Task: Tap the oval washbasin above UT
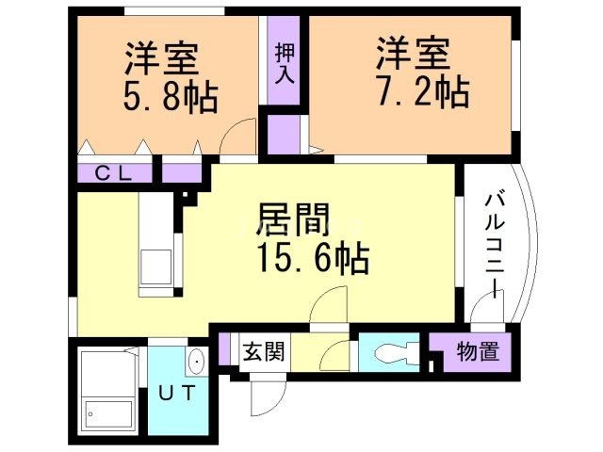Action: tap(195, 361)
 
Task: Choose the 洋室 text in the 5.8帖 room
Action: tap(161, 58)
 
